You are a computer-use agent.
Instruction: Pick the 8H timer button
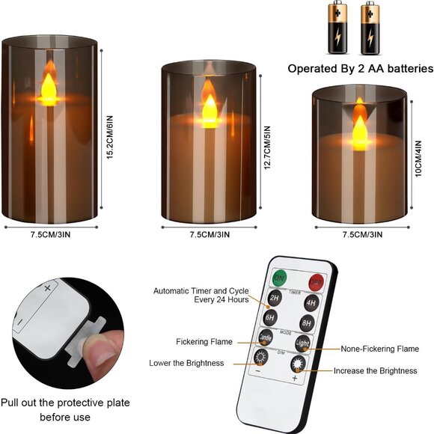pos(306,323)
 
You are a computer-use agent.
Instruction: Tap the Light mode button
pos(302,343)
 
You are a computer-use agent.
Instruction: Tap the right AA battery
pos(369,28)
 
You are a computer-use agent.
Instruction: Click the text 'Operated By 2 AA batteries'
pos(361,68)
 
